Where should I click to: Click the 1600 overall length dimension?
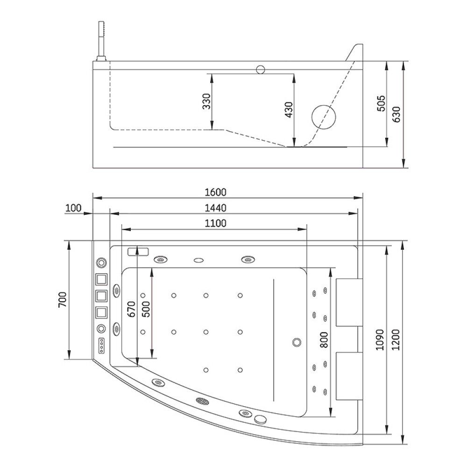point(215,192)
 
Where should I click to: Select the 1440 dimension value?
point(215,208)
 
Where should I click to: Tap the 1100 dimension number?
point(215,223)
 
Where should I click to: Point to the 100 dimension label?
point(73,208)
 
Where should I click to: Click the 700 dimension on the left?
point(63,300)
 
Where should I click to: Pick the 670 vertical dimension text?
point(131,309)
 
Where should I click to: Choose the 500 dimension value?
point(146,309)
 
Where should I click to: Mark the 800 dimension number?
point(324,340)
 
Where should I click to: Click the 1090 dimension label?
point(380,340)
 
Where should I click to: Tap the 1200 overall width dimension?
point(396,340)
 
